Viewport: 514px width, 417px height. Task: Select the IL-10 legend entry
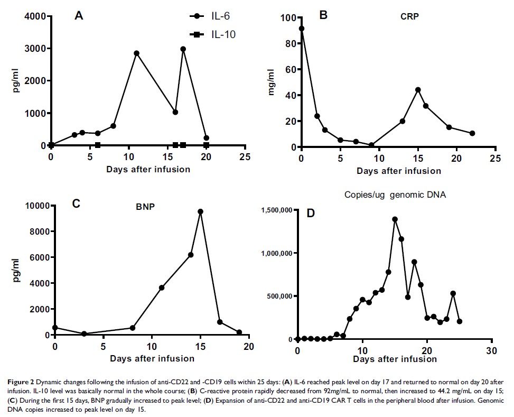pos(212,35)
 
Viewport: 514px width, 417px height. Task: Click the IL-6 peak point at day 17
pos(183,49)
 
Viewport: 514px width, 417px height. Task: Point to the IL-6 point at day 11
pos(136,53)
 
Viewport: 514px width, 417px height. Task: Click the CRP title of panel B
pos(410,16)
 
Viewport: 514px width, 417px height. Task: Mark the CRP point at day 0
pos(302,29)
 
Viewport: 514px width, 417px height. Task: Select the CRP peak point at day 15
pos(418,90)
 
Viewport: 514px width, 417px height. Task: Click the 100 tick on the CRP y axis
pos(289,18)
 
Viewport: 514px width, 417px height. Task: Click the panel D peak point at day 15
pos(395,219)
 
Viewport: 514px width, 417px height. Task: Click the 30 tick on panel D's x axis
pos(491,351)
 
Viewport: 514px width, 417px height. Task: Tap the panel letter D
pos(311,213)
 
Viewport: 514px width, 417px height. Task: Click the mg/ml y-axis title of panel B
pos(273,82)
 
